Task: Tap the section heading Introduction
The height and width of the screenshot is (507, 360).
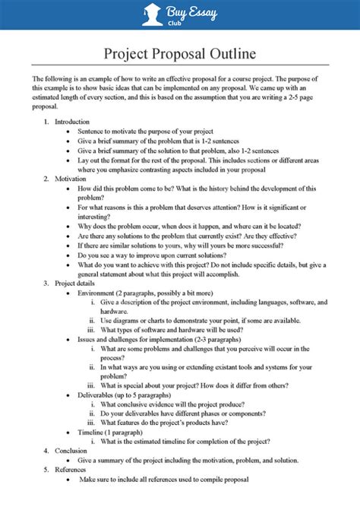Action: point(72,122)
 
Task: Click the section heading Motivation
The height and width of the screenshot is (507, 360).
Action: point(71,179)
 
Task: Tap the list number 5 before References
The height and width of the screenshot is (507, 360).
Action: point(46,469)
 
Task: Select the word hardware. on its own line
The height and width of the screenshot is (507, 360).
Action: point(114,311)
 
